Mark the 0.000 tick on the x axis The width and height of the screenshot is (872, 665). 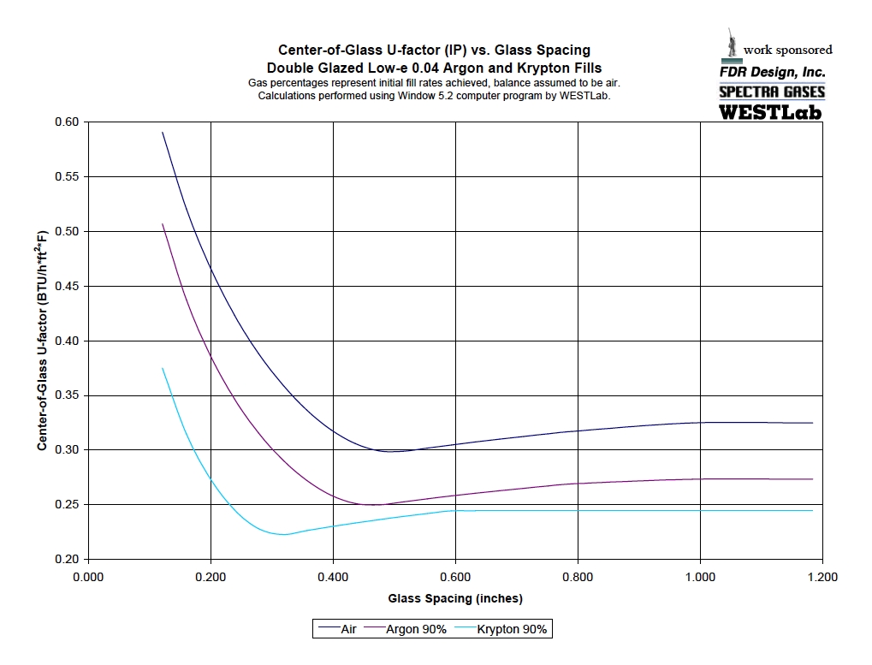[x=88, y=577]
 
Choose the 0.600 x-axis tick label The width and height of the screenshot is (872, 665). [x=455, y=577]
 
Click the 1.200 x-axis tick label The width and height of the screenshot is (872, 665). [x=822, y=577]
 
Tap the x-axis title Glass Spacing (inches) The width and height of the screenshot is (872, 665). [x=455, y=598]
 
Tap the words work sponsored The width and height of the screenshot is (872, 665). [x=787, y=50]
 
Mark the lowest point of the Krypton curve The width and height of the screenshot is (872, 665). [x=283, y=534]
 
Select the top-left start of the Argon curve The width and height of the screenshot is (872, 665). [x=163, y=224]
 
